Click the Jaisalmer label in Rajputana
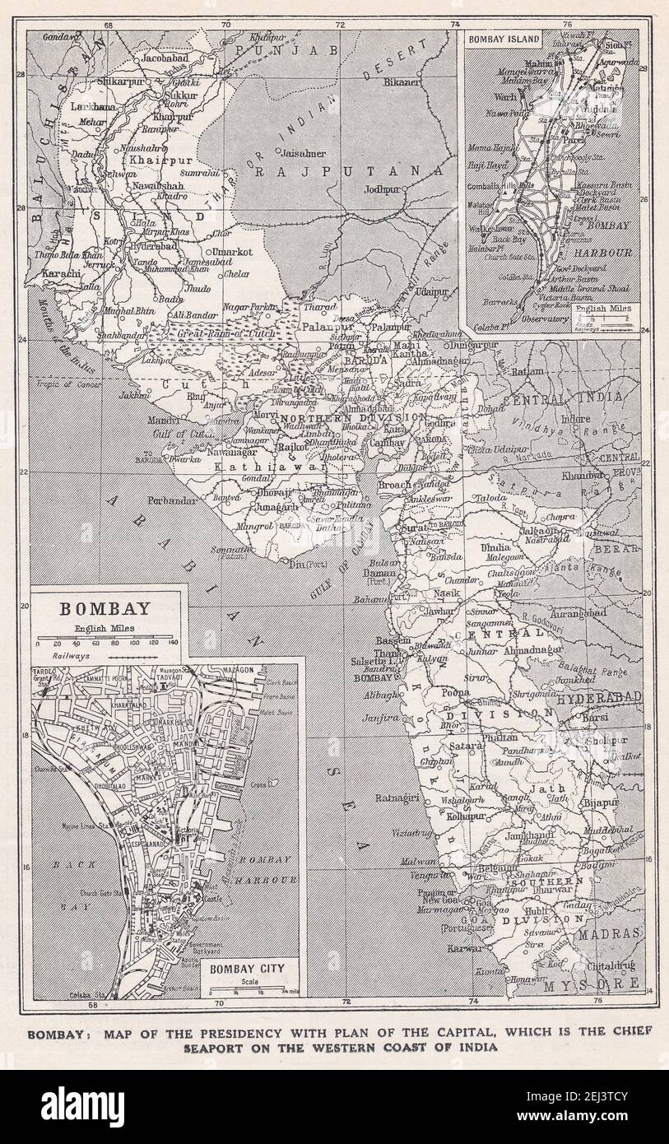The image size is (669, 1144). (x=303, y=153)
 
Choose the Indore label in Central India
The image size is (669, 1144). (x=577, y=419)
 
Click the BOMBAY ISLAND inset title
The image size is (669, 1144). (x=504, y=40)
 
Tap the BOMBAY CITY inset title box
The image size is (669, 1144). (x=247, y=968)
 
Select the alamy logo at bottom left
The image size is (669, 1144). (x=82, y=1107)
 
